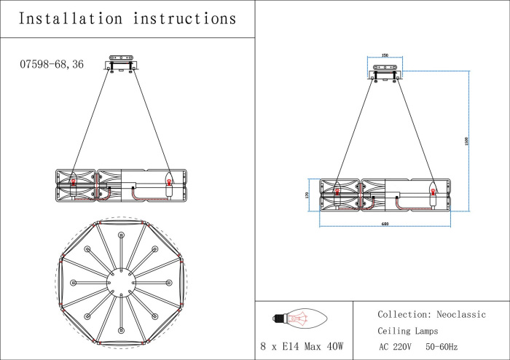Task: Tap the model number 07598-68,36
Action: click(x=52, y=64)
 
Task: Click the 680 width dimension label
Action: click(x=384, y=224)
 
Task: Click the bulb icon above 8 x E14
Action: click(x=299, y=318)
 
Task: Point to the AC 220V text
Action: click(x=396, y=347)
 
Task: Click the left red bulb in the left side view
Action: click(x=73, y=183)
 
